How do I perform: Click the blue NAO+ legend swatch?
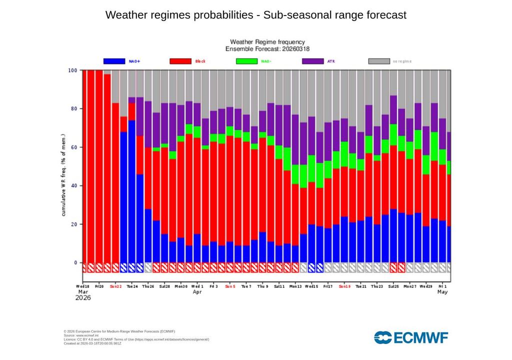tap(114, 61)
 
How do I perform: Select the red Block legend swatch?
tap(180, 61)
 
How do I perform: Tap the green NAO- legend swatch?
tap(246, 61)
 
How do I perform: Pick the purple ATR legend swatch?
tap(312, 61)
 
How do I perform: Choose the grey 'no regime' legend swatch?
tap(379, 61)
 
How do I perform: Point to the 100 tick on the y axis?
tap(73, 70)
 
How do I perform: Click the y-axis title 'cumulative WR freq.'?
tap(64, 175)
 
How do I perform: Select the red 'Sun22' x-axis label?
tap(115, 286)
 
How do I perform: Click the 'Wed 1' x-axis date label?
tap(197, 286)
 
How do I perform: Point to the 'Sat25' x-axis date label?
tap(393, 286)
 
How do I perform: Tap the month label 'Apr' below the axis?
tap(197, 292)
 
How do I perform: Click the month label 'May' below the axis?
tap(442, 292)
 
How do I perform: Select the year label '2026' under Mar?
tap(83, 298)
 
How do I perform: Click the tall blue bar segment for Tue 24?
tap(131, 190)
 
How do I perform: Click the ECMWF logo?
tap(411, 337)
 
